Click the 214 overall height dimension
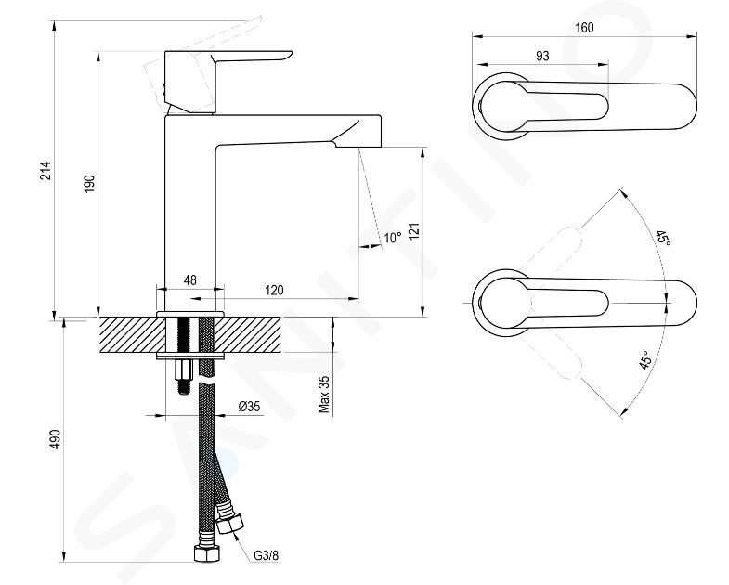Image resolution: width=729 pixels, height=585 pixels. pyautogui.click(x=45, y=171)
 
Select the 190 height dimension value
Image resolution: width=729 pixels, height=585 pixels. pyautogui.click(x=89, y=184)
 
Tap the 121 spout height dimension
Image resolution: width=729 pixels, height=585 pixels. pyautogui.click(x=414, y=231)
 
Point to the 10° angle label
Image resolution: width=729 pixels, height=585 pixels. pyautogui.click(x=393, y=238)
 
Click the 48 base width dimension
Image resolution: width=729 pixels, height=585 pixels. pyautogui.click(x=190, y=279)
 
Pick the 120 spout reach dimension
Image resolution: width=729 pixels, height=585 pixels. pyautogui.click(x=274, y=290)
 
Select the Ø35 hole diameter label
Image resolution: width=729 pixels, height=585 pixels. pyautogui.click(x=249, y=407)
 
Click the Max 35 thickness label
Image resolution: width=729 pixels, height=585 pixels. pyautogui.click(x=324, y=395)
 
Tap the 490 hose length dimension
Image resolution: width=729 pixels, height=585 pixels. pyautogui.click(x=56, y=439)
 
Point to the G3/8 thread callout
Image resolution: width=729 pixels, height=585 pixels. pyautogui.click(x=267, y=555)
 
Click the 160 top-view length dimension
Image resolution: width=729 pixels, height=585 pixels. pyautogui.click(x=584, y=28)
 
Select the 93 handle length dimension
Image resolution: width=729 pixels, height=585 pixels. pyautogui.click(x=542, y=56)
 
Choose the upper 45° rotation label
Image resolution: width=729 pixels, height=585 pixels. pyautogui.click(x=663, y=238)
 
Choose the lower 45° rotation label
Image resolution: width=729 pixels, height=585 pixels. pyautogui.click(x=644, y=360)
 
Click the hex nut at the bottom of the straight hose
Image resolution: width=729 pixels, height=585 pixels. pyautogui.click(x=206, y=553)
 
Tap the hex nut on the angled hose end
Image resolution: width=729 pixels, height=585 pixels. pyautogui.click(x=230, y=523)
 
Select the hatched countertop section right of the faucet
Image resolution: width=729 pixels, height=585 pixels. pyautogui.click(x=249, y=335)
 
